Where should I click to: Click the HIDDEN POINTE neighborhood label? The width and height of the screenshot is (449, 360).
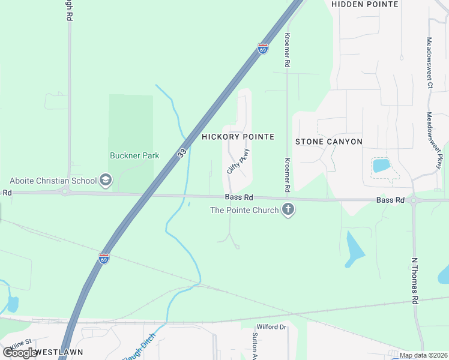point(365,4)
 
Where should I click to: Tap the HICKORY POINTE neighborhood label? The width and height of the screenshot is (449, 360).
point(238,137)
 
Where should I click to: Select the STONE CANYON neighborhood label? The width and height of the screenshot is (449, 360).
point(329,142)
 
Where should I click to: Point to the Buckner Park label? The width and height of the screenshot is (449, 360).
point(134,155)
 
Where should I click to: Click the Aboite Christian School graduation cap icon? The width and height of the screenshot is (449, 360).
point(106,180)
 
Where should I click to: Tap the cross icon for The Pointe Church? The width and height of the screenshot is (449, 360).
point(288,210)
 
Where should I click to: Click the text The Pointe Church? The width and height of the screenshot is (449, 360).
point(244,210)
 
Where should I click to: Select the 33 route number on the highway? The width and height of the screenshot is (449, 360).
point(182,154)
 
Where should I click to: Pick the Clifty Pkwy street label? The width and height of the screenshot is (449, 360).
point(237,161)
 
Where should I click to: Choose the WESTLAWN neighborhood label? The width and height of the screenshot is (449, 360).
point(58,352)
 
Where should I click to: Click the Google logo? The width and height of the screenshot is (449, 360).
point(20,353)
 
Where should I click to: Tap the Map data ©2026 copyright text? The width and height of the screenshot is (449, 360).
point(423,355)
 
